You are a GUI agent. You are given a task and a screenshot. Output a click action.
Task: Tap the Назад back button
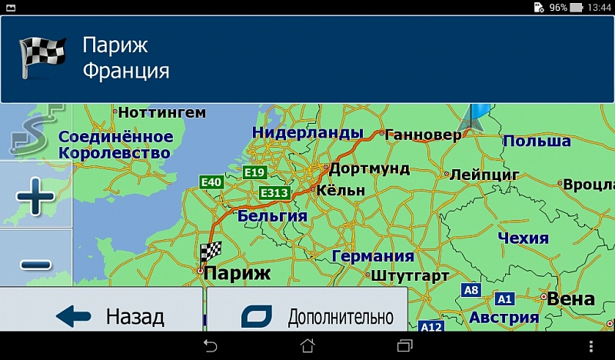tap(101, 315)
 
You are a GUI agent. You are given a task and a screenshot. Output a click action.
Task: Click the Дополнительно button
tap(307, 315)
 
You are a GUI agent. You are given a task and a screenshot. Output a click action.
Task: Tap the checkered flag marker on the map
tap(210, 252)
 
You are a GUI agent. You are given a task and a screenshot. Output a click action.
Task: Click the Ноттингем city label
tap(162, 113)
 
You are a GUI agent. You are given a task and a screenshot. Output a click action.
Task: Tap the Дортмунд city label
tap(369, 168)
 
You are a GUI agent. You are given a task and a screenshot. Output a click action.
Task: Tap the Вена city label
tap(571, 298)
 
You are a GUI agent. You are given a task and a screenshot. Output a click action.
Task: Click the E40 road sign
tap(211, 182)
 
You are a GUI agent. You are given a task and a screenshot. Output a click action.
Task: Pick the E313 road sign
tap(274, 192)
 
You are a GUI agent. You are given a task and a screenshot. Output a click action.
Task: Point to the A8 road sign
tap(470, 290)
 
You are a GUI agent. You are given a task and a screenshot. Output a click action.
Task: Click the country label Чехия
tap(523, 238)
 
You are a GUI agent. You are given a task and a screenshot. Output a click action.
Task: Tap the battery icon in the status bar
tap(577, 7)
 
